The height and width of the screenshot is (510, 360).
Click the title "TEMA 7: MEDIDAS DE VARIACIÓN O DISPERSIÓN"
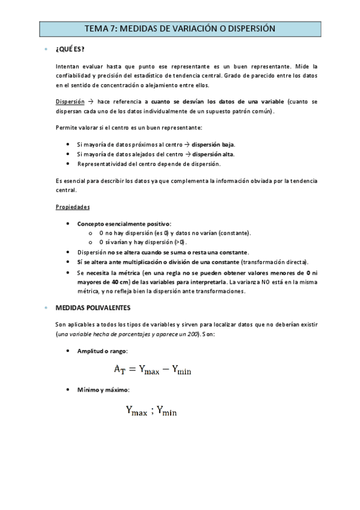tap(180, 28)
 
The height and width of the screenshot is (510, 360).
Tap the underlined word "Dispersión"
tap(70, 102)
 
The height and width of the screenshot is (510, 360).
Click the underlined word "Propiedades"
tap(73, 206)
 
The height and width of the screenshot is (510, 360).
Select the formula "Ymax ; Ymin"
tap(151, 412)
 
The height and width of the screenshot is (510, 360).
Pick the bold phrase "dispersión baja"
tap(213, 144)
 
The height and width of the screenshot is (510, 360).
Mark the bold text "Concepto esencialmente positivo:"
tap(124, 223)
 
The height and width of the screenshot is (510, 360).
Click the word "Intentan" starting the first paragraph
tap(67, 66)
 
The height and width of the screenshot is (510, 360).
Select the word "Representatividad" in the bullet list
tap(101, 164)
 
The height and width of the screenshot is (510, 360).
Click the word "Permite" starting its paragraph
tap(66, 127)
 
